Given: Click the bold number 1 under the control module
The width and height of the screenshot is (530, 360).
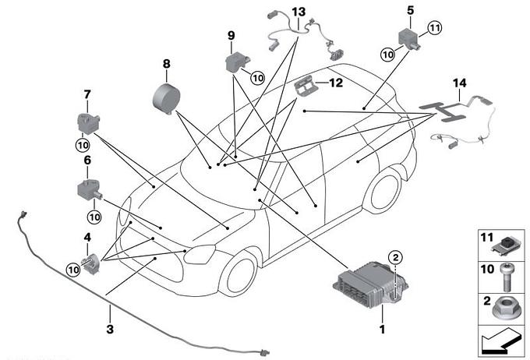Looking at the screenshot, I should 382,330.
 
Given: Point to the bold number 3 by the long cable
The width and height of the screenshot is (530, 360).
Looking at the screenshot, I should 110,330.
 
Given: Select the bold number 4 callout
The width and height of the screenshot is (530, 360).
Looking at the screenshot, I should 87,237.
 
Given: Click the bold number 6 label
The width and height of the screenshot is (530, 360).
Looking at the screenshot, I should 87,160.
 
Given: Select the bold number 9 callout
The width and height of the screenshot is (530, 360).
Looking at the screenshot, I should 231,36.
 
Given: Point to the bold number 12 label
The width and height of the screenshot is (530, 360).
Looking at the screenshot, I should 335,82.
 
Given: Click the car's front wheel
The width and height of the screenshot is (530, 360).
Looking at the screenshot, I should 238,271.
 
